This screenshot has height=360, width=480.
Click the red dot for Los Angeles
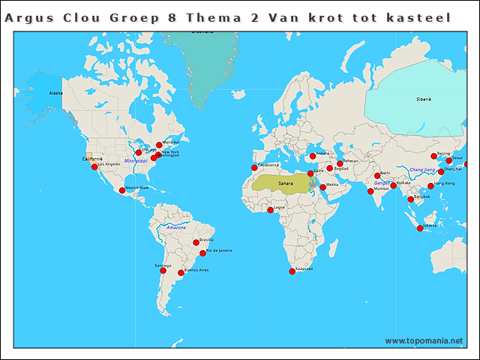[x=94, y=167]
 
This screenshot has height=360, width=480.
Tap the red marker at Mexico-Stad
[x=122, y=190]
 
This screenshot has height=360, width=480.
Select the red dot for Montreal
[x=159, y=145]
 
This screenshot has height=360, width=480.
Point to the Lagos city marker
[x=270, y=210]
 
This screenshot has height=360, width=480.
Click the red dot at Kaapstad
[x=292, y=271]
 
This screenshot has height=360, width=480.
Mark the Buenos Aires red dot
[x=181, y=273]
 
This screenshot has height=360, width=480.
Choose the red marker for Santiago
[x=163, y=270]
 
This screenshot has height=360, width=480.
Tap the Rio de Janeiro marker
[x=202, y=253]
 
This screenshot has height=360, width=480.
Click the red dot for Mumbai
[x=370, y=191]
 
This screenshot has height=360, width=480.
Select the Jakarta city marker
[x=420, y=228]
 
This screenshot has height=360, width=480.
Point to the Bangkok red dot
[x=410, y=199]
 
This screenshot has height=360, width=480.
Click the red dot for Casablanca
[x=254, y=168]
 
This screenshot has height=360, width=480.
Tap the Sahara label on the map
[x=286, y=183]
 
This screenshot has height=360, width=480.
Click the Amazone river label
[x=175, y=226]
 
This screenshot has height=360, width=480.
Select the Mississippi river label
[x=136, y=160]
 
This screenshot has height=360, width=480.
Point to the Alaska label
[x=55, y=93]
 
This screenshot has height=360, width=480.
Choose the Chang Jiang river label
[x=422, y=169]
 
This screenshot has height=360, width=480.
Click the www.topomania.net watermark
[x=424, y=340]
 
